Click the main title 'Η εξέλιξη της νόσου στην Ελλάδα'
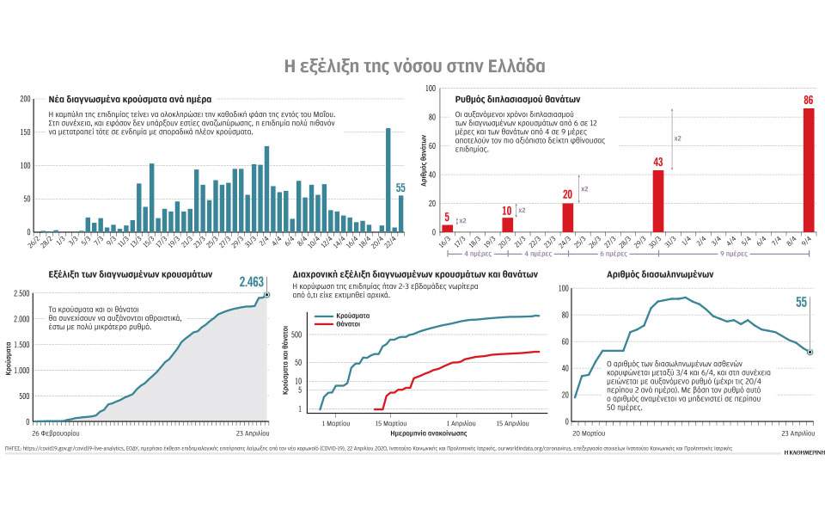tap(413, 67)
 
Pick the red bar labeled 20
tap(567, 217)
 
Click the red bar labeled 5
tap(447, 228)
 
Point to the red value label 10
tap(507, 210)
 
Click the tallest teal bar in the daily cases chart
tap(388, 181)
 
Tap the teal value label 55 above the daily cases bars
tap(400, 188)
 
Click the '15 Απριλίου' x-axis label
tap(513, 423)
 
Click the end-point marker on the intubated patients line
tap(810, 352)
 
